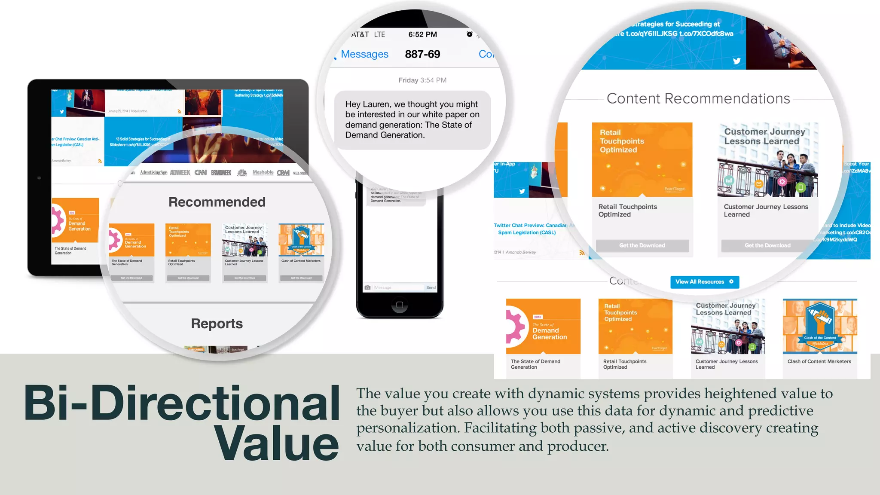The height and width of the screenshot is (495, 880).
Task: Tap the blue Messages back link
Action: click(364, 54)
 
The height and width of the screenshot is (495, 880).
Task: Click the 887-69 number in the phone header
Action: click(422, 54)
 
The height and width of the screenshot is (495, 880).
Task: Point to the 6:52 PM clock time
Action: click(422, 34)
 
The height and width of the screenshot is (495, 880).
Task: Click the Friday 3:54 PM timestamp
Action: click(422, 80)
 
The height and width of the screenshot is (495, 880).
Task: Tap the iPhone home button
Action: click(399, 305)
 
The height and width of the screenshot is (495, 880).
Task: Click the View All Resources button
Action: click(704, 282)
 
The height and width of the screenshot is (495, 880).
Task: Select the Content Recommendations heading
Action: click(698, 99)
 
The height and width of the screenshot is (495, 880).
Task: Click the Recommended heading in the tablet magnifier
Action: click(217, 202)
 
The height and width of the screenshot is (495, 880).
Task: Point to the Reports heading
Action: click(217, 324)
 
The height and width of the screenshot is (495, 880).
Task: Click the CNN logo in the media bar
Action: click(200, 173)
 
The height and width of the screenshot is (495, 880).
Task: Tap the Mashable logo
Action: click(263, 172)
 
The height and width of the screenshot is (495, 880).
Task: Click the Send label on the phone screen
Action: click(431, 287)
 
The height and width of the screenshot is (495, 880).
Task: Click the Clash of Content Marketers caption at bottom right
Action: click(819, 361)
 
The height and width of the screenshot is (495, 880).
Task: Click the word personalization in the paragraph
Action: click(408, 428)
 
